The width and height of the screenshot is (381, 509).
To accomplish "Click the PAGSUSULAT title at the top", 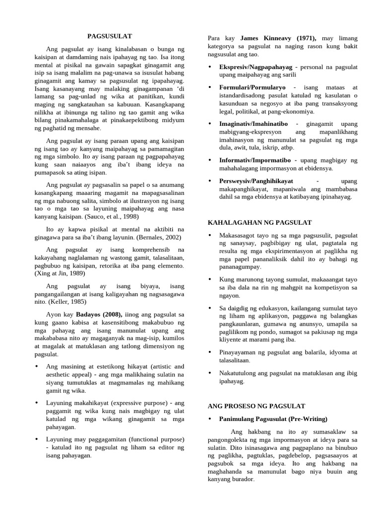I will coord(110,36).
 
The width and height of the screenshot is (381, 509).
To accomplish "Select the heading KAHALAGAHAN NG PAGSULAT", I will coord(259,222).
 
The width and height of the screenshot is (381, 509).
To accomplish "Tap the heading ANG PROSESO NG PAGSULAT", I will coord(256,406).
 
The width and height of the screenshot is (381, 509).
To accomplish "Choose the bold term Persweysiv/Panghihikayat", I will coord(256,181).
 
